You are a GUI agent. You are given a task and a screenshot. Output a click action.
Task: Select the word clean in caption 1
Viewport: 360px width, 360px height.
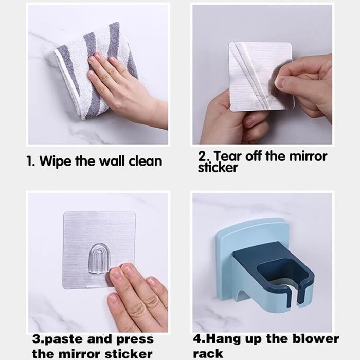coord(146,161)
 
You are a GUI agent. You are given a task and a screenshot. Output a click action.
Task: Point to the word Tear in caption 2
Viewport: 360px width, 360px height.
coord(228,156)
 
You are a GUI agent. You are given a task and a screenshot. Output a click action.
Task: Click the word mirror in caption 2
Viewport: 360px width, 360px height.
coord(308,156)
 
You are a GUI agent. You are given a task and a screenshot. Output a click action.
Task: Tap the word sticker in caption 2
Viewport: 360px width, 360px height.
coord(218,168)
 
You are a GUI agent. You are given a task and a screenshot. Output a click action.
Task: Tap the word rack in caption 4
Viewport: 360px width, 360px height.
coord(208,353)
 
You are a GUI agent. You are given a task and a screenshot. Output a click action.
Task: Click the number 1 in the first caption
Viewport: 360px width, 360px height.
coord(29,161)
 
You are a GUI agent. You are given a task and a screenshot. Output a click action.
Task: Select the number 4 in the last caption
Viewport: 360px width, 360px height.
coord(196,339)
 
